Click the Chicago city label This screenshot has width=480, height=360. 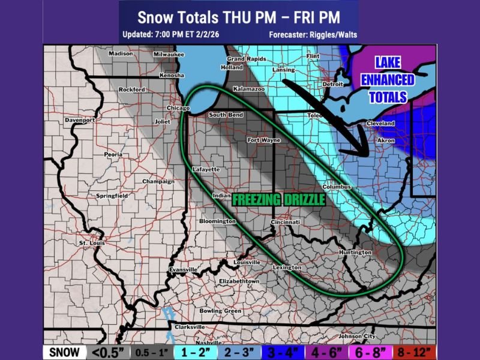tap(177, 108)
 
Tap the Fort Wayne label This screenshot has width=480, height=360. tap(264, 140)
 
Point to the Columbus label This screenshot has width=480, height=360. tap(336, 187)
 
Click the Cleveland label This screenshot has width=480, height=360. tap(380, 123)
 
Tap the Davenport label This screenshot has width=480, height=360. tap(80, 120)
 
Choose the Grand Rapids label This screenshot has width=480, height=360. tap(246, 59)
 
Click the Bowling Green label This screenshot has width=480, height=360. tap(220, 311)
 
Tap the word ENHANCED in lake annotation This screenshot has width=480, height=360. tap(387, 80)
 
